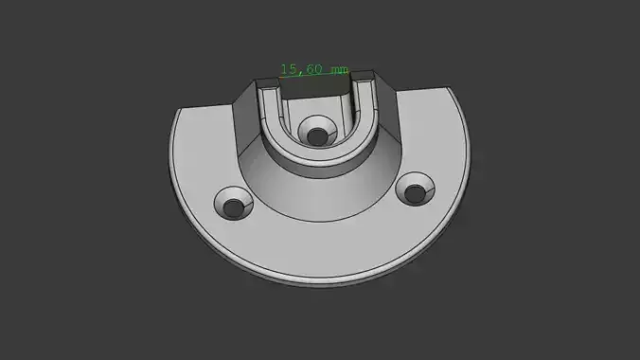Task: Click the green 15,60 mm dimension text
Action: [x=313, y=69]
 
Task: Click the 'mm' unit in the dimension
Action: [x=338, y=70]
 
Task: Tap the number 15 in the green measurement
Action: [x=288, y=69]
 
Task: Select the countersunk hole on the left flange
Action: [x=233, y=203]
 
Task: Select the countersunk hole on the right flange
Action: [x=414, y=190]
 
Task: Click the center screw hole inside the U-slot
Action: [x=315, y=133]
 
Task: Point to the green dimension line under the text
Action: [x=313, y=78]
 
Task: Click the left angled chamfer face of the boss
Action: [x=244, y=114]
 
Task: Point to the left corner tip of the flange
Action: [x=177, y=112]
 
